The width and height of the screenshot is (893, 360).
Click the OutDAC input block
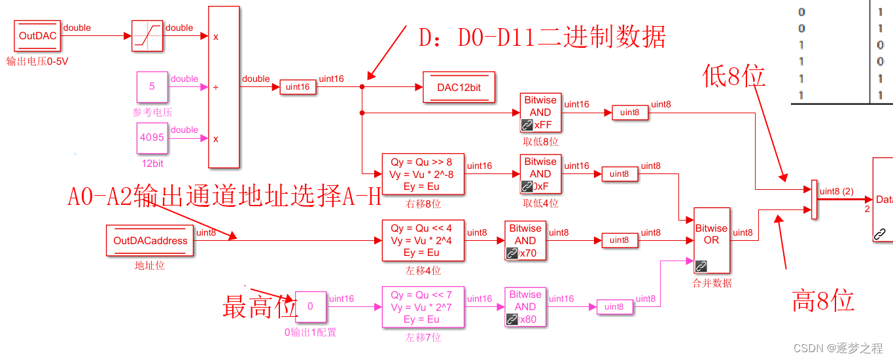click(38, 36)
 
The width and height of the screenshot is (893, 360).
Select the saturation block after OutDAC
click(147, 36)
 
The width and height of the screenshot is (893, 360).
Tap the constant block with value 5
click(152, 87)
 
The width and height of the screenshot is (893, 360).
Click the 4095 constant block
click(152, 138)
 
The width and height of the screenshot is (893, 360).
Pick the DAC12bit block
click(459, 87)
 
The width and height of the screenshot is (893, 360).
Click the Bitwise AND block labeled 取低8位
click(540, 113)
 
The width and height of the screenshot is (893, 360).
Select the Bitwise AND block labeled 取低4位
click(540, 174)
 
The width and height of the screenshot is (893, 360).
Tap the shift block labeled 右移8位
click(422, 174)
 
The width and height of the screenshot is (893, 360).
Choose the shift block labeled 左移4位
click(422, 240)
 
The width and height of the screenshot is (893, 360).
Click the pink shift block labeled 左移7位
click(422, 307)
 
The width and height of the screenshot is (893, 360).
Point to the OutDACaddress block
click(150, 240)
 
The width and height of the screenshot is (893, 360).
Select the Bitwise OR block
click(711, 240)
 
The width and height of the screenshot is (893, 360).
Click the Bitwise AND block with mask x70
click(525, 240)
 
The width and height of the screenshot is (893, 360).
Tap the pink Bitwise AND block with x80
click(525, 307)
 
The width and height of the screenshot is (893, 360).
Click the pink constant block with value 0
click(310, 306)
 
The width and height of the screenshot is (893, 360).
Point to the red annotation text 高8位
click(823, 300)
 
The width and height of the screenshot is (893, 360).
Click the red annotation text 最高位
click(260, 307)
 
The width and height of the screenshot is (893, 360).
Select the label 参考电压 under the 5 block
click(152, 113)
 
